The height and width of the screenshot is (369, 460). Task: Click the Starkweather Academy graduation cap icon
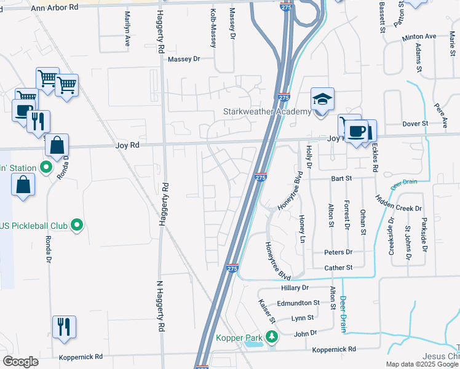pos(322,99)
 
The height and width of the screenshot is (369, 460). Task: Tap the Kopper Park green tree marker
pos(270,337)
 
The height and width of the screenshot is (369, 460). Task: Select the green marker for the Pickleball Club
pos(76,226)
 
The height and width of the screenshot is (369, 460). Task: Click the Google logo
pos(21,361)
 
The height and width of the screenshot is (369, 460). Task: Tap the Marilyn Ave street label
pos(128,29)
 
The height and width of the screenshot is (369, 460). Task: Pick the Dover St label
pos(414,124)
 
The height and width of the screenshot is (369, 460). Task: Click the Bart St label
pos(340,178)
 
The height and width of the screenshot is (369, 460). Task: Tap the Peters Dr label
pos(338,252)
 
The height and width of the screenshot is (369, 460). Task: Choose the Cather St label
pos(338,268)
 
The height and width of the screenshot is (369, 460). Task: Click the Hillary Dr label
pos(295,287)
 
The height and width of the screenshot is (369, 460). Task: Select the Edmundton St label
pos(298,303)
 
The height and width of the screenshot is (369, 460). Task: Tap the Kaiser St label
pos(265,311)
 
